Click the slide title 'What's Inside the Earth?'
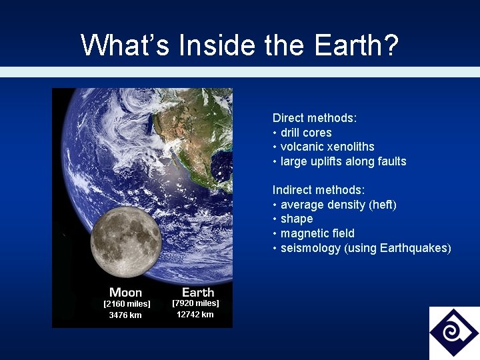pos(239,45)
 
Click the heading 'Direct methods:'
pos(315,118)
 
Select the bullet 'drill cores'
pos(305,133)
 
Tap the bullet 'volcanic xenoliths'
pos(327,147)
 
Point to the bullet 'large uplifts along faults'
pos(343,161)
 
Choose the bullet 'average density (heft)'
pos(338,205)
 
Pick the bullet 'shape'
pos(297,219)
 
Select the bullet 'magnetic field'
pos(317,233)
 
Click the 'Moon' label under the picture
pos(126,292)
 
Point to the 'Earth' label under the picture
pos(198,292)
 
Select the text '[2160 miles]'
pos(127,304)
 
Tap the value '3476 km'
pos(125,315)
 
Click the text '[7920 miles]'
pos(195,303)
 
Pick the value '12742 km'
pos(195,315)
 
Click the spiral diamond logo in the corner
pos(454,332)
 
